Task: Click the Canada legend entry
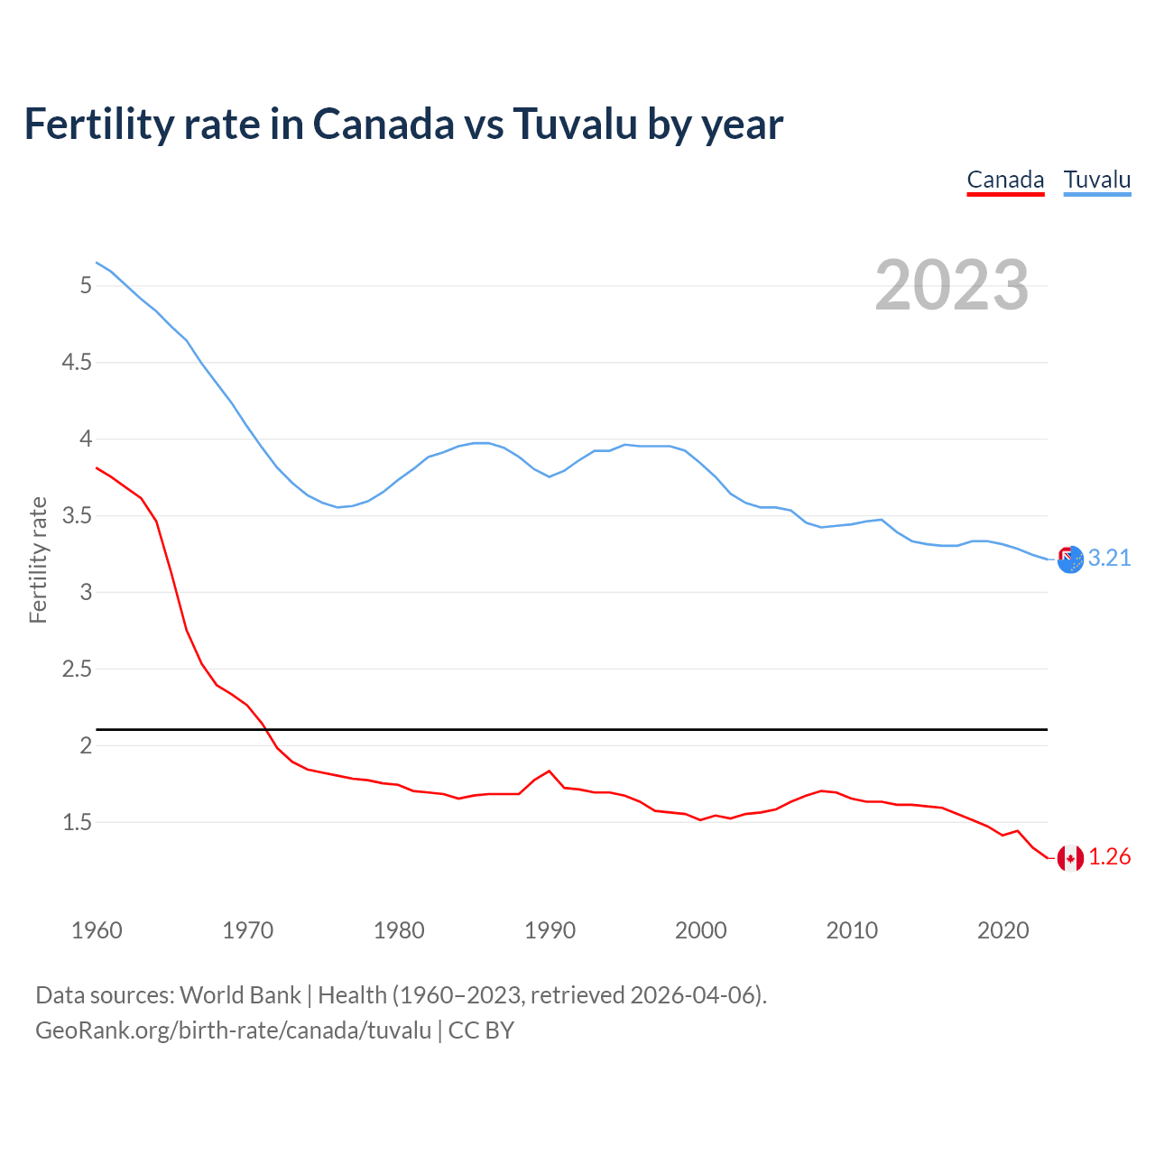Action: pos(1005,180)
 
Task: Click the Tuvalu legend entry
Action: pos(1096,180)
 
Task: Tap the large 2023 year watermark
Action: pos(951,285)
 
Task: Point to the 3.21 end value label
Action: pos(1109,559)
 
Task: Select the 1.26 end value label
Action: pos(1109,857)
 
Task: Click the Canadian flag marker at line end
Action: pos(1070,858)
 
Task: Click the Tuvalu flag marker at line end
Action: pos(1070,559)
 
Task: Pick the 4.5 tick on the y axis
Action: pos(77,363)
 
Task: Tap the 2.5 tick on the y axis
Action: pos(77,670)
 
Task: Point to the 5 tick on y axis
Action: pos(87,286)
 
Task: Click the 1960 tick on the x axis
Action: pos(97,930)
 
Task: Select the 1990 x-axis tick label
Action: pos(550,930)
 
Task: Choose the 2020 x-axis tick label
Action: pos(1003,930)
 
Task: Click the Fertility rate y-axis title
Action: pos(38,559)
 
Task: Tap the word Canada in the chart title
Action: pos(383,124)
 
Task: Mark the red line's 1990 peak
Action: pos(550,771)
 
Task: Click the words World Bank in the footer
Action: pos(240,995)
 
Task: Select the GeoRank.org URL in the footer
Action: pos(233,1030)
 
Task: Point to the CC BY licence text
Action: pos(481,1030)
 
